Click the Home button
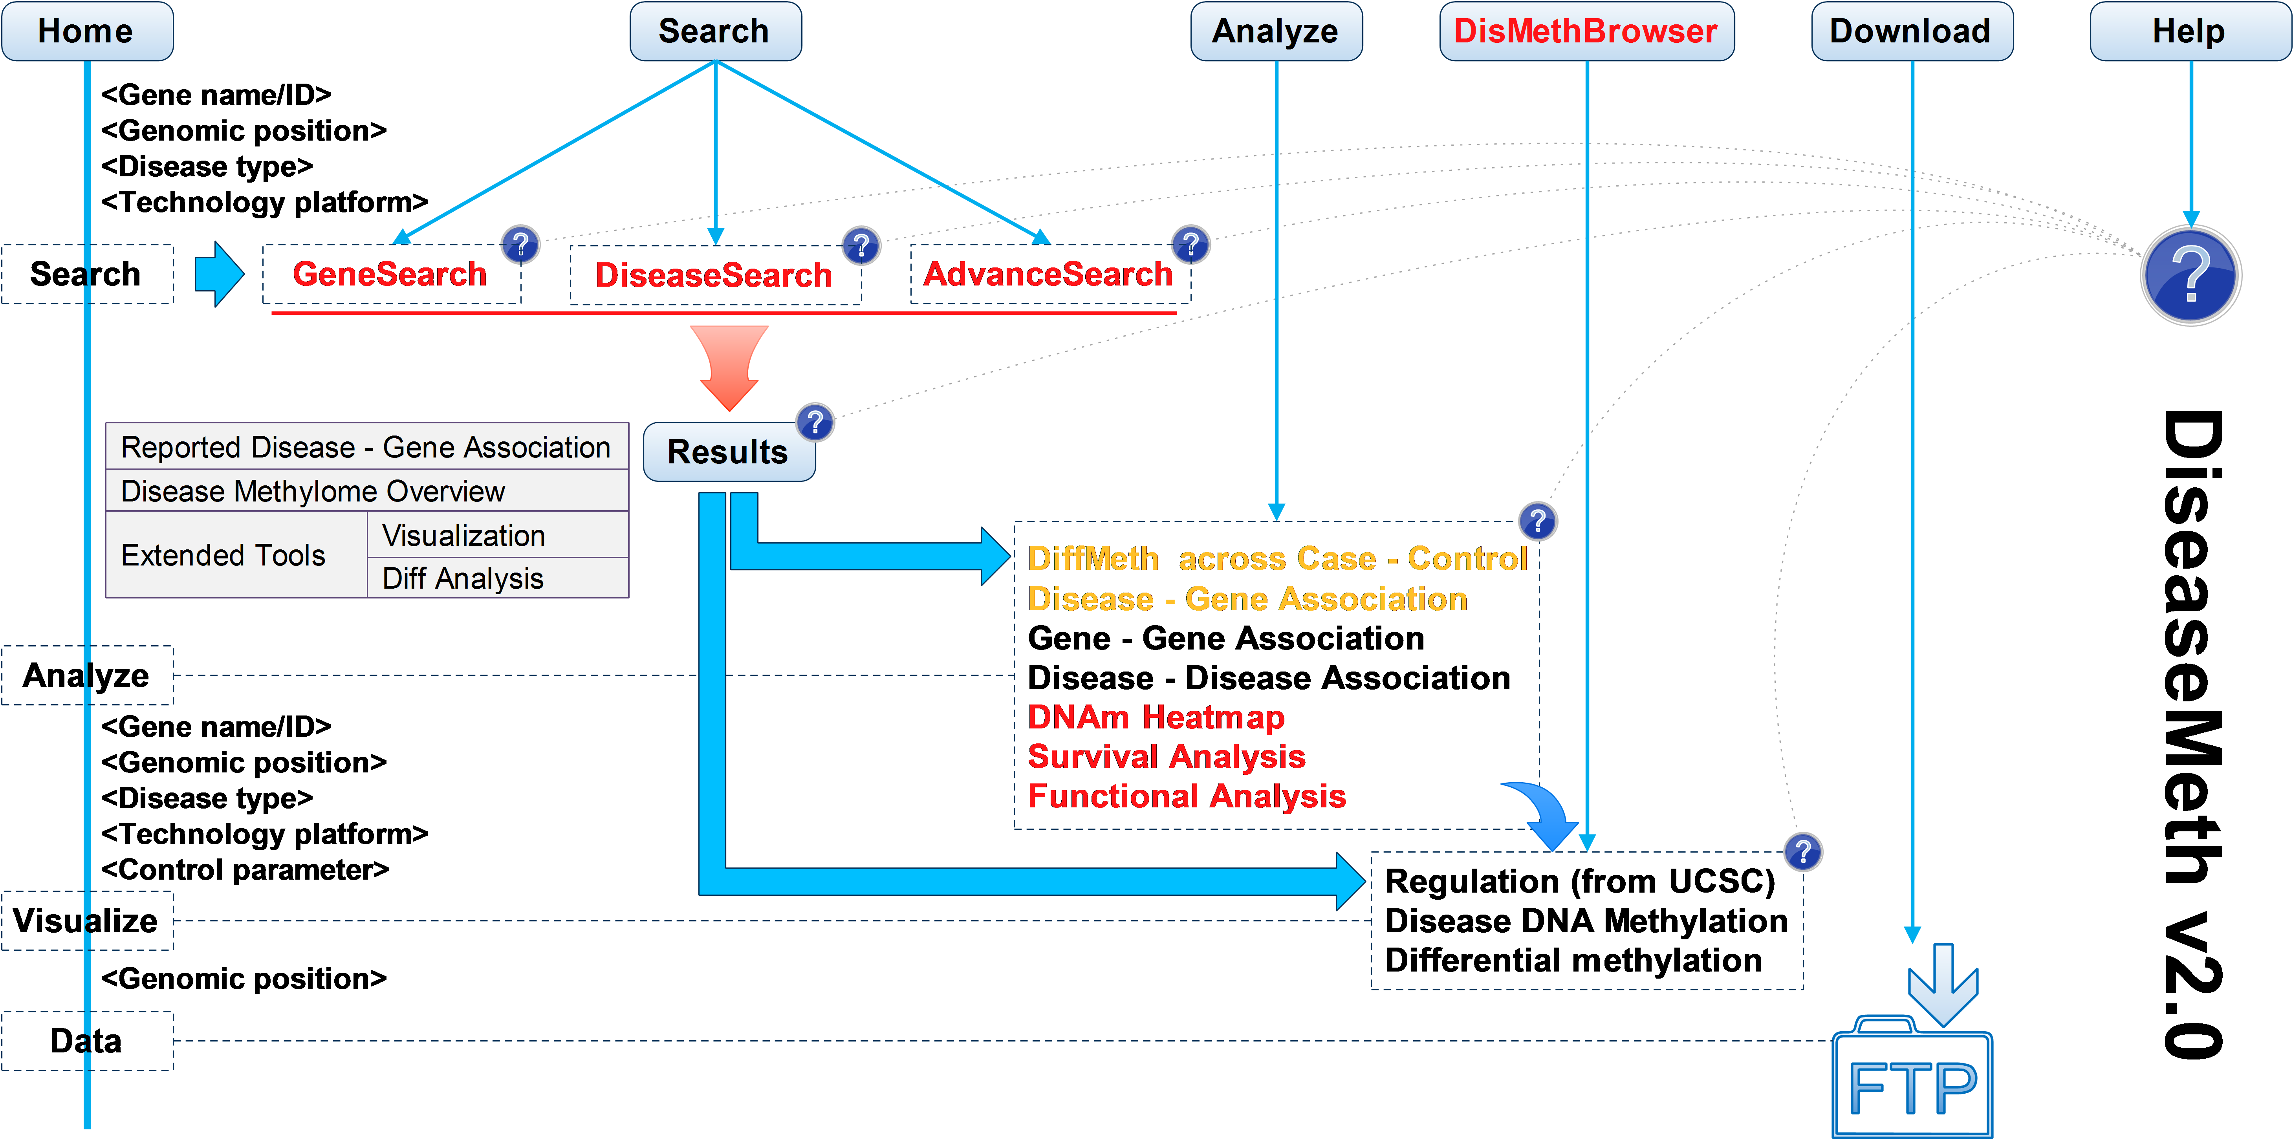pyautogui.click(x=86, y=31)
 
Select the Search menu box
pyautogui.click(x=715, y=31)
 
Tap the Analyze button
pyautogui.click(x=1276, y=31)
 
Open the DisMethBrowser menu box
pyautogui.click(x=1586, y=31)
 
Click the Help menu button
pyautogui.click(x=2189, y=31)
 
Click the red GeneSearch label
pyautogui.click(x=390, y=274)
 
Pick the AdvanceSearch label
pyautogui.click(x=1048, y=274)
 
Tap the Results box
pyautogui.click(x=728, y=452)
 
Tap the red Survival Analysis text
pyautogui.click(x=1166, y=756)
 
